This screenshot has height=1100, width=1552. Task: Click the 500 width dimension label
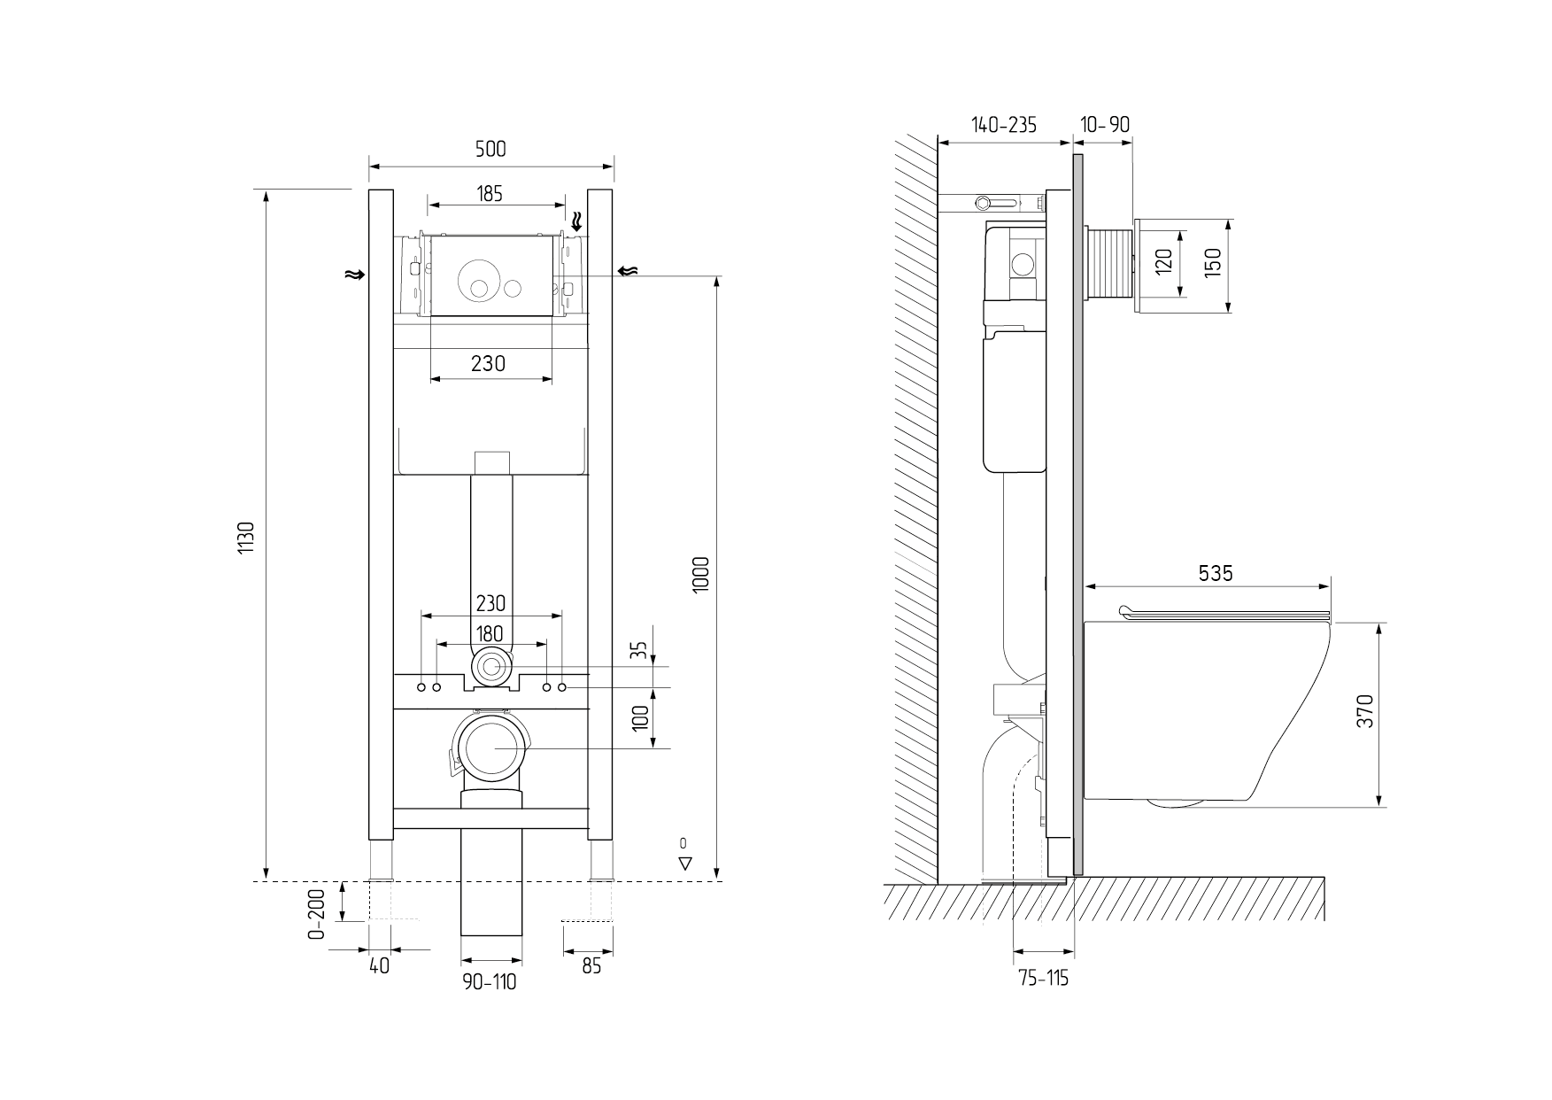tap(490, 149)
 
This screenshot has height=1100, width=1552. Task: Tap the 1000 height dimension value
tap(701, 576)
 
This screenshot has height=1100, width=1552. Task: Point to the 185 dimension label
tap(489, 193)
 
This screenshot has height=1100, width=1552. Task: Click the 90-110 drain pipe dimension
tap(490, 981)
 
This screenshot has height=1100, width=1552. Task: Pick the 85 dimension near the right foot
tap(591, 965)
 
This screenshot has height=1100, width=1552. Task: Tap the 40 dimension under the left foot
tap(379, 965)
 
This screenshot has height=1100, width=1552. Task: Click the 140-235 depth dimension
tap(1004, 125)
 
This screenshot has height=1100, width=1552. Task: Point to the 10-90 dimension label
tap(1106, 125)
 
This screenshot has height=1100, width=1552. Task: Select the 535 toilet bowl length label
tap(1216, 574)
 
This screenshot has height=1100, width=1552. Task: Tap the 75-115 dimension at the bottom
tap(1044, 978)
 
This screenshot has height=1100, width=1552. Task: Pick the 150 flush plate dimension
tap(1213, 263)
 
